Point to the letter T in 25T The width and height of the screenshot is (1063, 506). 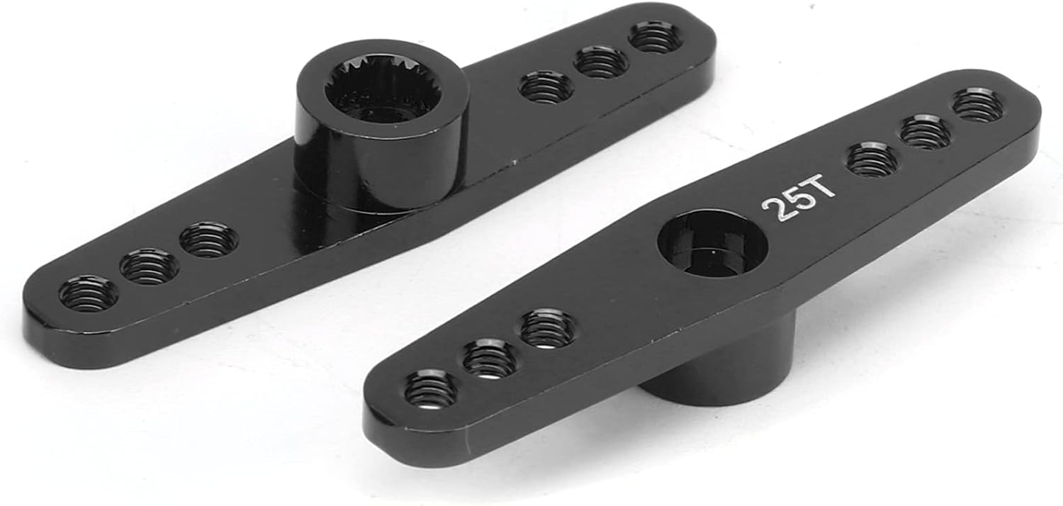click(821, 191)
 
